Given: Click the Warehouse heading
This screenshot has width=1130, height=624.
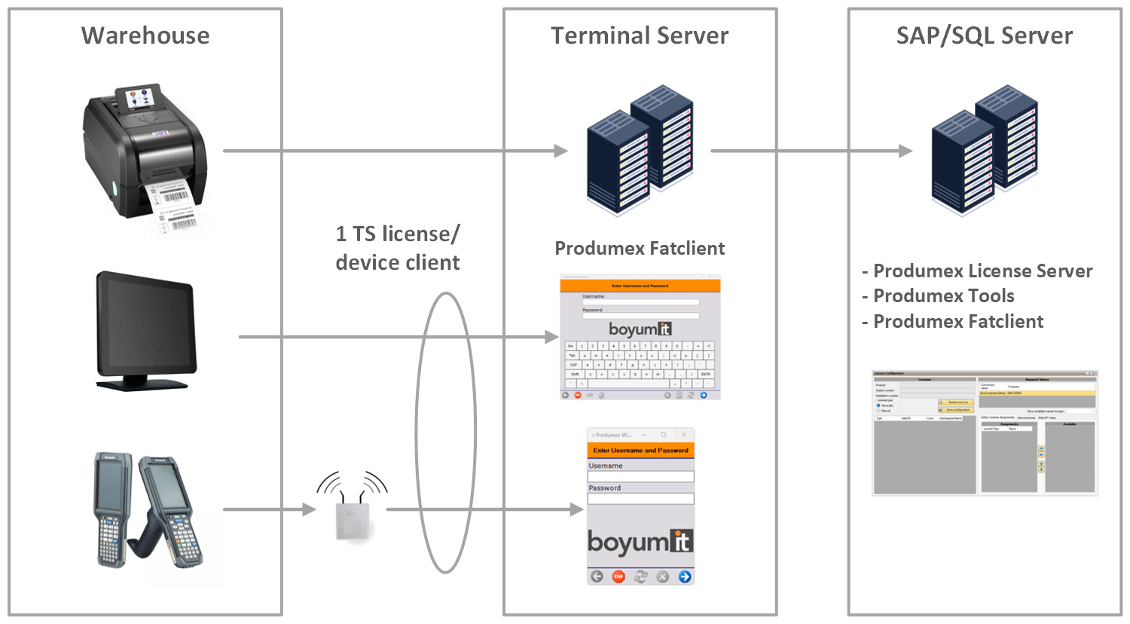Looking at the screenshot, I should (145, 35).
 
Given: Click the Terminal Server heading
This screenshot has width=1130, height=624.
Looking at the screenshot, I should (640, 35).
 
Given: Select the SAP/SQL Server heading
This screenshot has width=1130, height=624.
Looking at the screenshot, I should (984, 35).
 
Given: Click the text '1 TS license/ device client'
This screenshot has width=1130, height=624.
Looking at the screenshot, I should (398, 248).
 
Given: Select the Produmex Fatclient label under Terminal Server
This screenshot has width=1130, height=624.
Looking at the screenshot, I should (640, 249).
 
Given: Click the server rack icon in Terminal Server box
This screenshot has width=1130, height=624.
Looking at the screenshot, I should (640, 151).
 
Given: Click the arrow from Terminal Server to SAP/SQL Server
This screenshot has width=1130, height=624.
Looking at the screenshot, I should (810, 151).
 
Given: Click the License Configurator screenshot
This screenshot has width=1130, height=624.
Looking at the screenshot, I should (985, 433).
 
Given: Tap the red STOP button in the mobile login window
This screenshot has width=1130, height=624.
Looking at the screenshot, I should (618, 577).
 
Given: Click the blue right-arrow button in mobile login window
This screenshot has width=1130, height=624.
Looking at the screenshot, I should (685, 577).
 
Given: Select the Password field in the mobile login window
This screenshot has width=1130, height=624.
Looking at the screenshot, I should (640, 499).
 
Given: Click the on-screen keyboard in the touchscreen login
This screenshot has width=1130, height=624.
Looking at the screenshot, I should (640, 366).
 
